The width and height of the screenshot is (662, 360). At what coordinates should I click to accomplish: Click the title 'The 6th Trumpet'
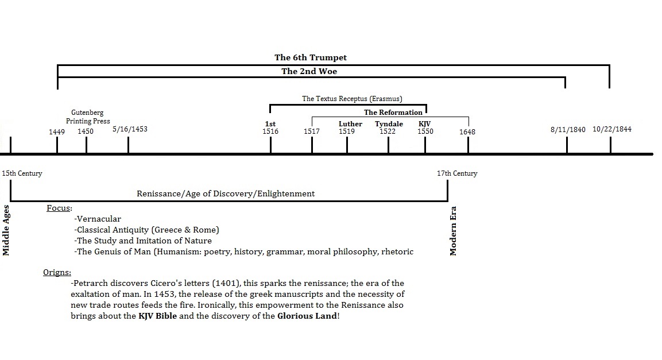310,57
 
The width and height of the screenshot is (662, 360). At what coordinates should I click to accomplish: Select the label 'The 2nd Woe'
309,72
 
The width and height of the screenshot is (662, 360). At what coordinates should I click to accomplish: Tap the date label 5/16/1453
130,129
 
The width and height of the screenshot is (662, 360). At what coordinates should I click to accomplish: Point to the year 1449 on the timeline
57,132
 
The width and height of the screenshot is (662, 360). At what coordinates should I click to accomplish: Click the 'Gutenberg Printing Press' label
87,117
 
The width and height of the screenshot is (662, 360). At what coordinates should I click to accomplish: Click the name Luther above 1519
350,124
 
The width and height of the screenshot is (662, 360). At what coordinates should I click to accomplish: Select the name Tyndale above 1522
389,124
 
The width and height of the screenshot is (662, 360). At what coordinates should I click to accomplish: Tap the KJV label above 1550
425,124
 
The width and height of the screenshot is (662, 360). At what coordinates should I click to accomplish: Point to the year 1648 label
467,132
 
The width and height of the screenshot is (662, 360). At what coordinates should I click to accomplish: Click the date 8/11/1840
568,130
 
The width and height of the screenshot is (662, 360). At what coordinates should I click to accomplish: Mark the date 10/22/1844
612,129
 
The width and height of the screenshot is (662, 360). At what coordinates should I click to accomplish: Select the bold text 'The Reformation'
393,113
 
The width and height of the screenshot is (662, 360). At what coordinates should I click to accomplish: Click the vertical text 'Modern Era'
454,230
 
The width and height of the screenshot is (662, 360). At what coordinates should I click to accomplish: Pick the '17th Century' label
457,173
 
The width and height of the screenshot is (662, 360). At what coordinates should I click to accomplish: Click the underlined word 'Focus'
58,208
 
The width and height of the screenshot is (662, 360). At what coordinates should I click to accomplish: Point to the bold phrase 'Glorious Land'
307,316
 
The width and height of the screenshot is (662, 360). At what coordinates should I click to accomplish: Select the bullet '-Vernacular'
98,219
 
